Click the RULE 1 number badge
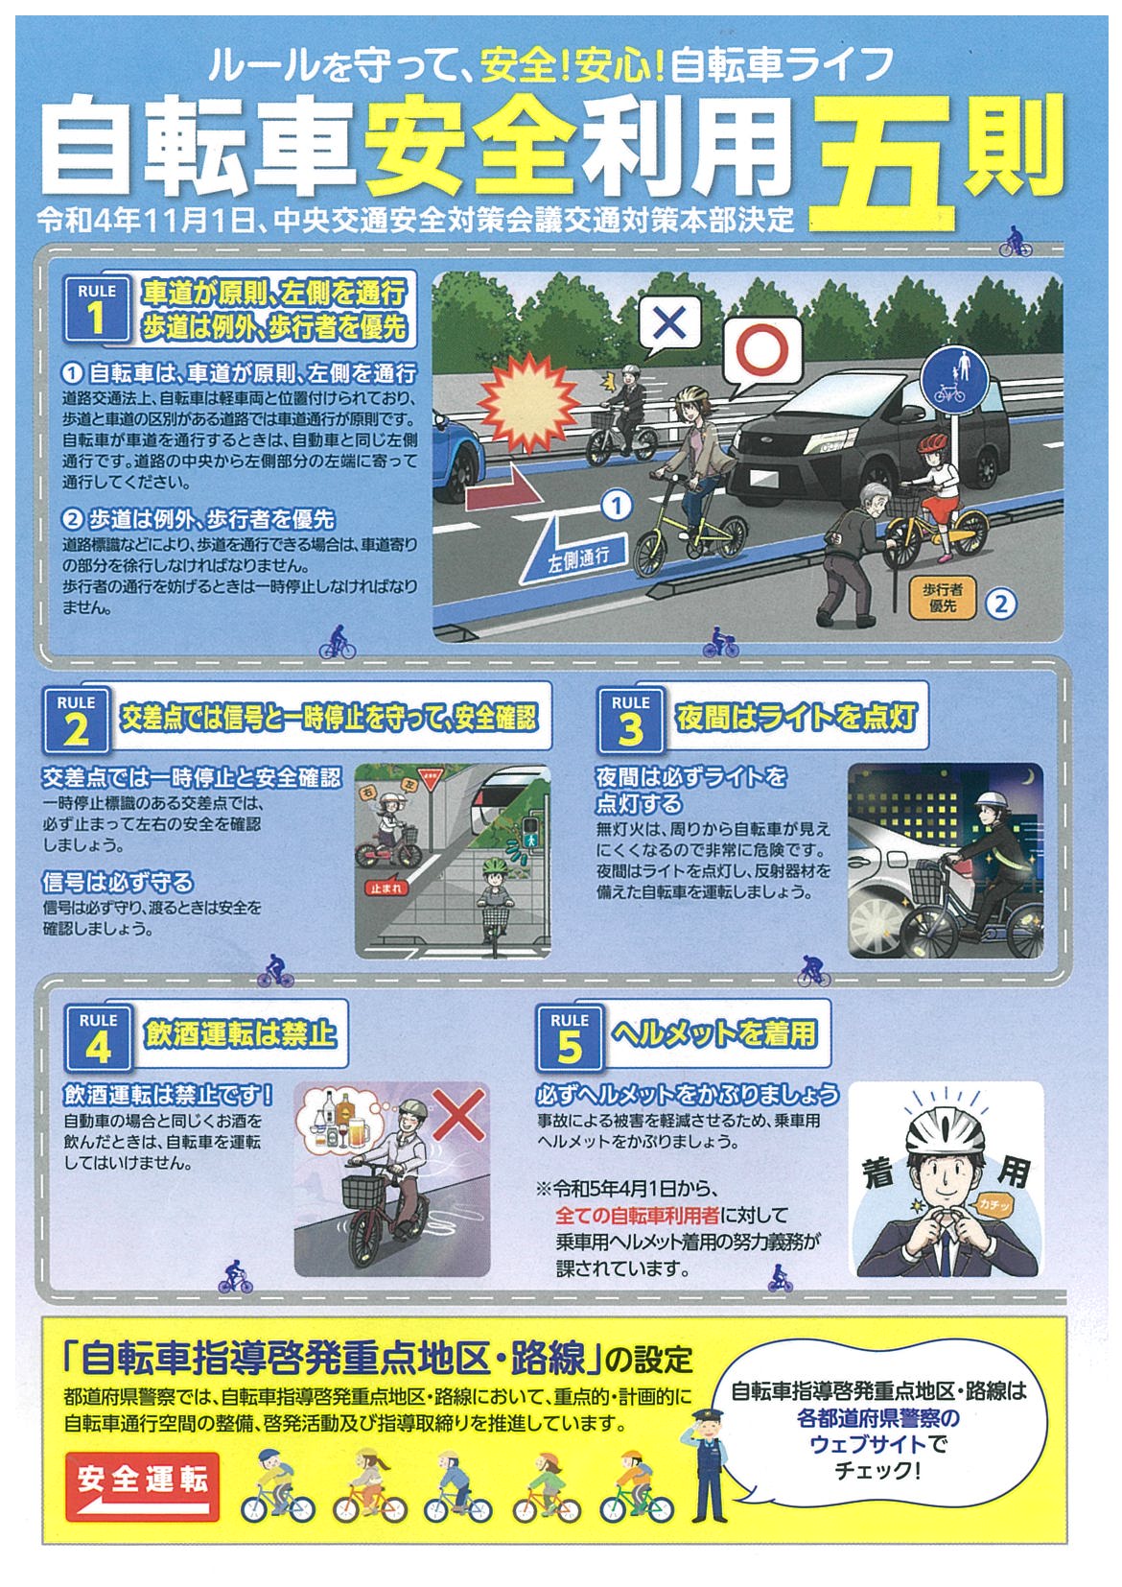pos(97,309)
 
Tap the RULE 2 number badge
pos(76,721)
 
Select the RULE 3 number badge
pos(630,721)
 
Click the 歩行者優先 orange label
pos(943,597)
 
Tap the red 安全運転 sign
pos(142,1486)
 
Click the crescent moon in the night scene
pos(1027,778)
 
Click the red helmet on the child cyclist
pos(932,442)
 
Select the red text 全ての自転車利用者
pos(637,1216)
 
